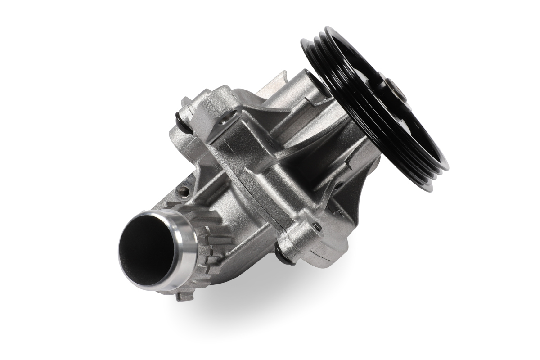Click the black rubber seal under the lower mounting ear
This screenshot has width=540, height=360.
[x=285, y=257]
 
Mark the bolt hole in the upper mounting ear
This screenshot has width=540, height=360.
[x=223, y=120]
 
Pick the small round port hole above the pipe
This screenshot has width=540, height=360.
[x=185, y=191]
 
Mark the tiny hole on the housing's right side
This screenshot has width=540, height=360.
[x=335, y=185]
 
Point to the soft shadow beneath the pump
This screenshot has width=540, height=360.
[x=270, y=306]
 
